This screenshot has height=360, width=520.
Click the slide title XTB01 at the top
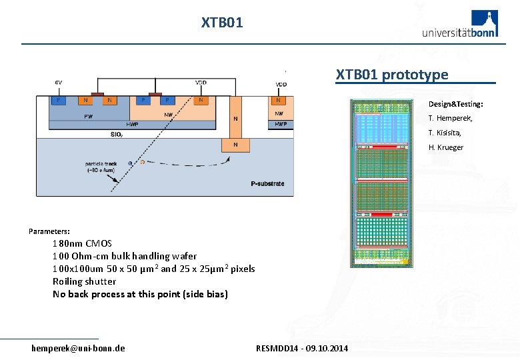tap(222, 23)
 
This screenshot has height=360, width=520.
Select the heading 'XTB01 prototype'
tap(392, 74)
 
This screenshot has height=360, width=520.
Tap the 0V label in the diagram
tap(59, 83)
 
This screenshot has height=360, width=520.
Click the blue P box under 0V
tap(59, 101)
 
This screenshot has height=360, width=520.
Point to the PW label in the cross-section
tap(88, 116)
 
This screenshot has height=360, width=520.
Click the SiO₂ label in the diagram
tap(117, 134)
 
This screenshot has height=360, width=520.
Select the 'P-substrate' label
tap(267, 183)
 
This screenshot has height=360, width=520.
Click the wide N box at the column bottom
tap(235, 145)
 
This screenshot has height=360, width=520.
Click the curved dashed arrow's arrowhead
tap(229, 159)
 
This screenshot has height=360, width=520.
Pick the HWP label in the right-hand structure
tap(281, 124)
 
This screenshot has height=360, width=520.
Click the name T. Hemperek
tap(451, 118)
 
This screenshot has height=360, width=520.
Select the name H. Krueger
tap(446, 147)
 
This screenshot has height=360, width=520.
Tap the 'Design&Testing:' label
tap(456, 104)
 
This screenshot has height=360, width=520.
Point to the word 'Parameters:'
tap(49, 231)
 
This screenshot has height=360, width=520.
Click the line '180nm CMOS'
tap(83, 243)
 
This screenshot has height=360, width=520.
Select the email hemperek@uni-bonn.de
tap(78, 348)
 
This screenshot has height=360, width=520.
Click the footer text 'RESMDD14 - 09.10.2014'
tap(302, 349)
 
